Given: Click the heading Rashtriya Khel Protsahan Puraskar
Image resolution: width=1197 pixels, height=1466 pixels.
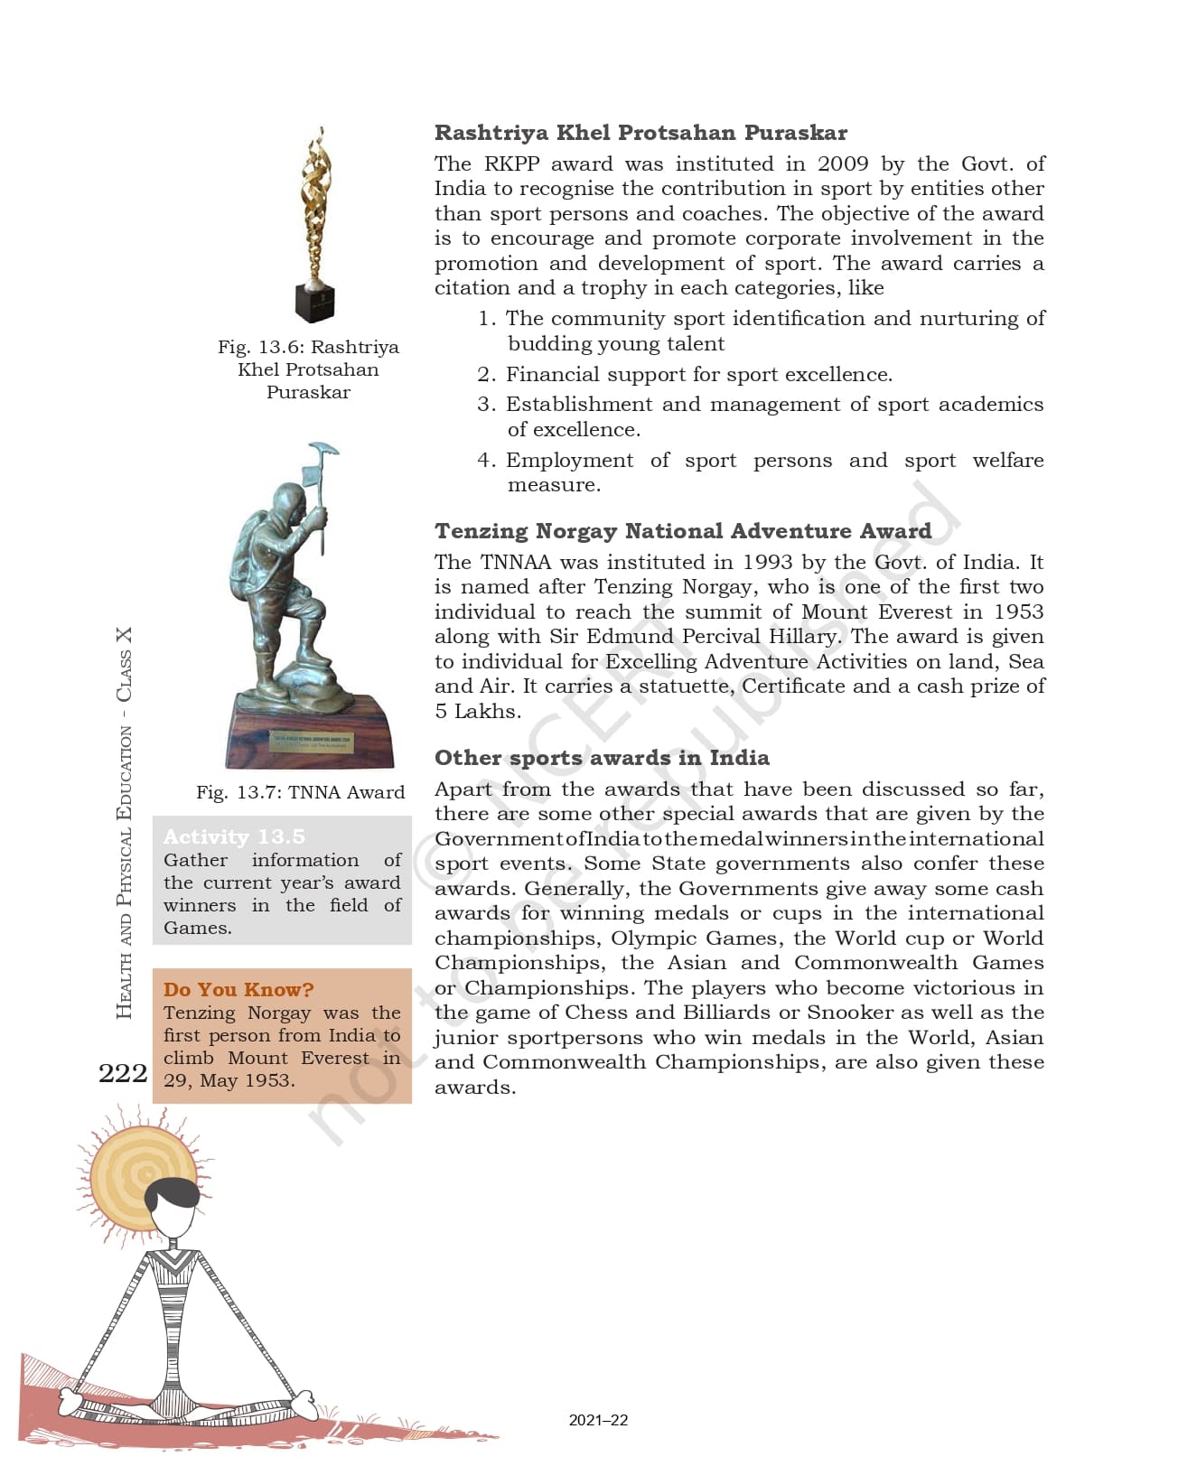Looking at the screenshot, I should tap(641, 133).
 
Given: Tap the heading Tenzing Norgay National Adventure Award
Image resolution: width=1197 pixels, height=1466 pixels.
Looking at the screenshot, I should tap(682, 530).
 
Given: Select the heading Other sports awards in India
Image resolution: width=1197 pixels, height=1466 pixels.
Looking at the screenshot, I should tap(602, 757).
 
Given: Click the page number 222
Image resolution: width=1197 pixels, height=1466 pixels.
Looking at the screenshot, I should tap(123, 1072).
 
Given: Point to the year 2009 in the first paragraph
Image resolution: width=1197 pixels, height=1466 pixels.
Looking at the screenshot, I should tap(844, 163).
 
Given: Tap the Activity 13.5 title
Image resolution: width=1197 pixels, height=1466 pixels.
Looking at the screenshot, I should tap(234, 836).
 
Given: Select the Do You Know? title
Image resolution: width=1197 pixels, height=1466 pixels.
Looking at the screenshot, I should tap(238, 989).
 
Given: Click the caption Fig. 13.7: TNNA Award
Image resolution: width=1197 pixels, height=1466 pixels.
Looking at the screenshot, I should tap(300, 792).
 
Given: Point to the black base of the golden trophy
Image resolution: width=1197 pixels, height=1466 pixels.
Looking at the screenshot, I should tap(315, 302).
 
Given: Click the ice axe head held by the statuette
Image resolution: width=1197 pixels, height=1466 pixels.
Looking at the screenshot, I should tap(322, 450).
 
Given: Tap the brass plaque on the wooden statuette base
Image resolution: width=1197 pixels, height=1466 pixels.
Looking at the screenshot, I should tap(313, 742).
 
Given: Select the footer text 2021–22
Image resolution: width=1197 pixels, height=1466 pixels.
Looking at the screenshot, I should tap(598, 1420).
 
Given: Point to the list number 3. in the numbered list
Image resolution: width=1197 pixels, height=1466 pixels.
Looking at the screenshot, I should tap(486, 404).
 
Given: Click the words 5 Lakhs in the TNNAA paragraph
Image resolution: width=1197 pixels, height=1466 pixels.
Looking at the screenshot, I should tap(476, 711).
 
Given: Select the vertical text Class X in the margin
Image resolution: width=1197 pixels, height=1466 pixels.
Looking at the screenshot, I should tap(124, 664).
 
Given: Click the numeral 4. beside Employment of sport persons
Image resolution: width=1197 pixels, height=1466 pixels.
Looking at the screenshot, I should tap(486, 460).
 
